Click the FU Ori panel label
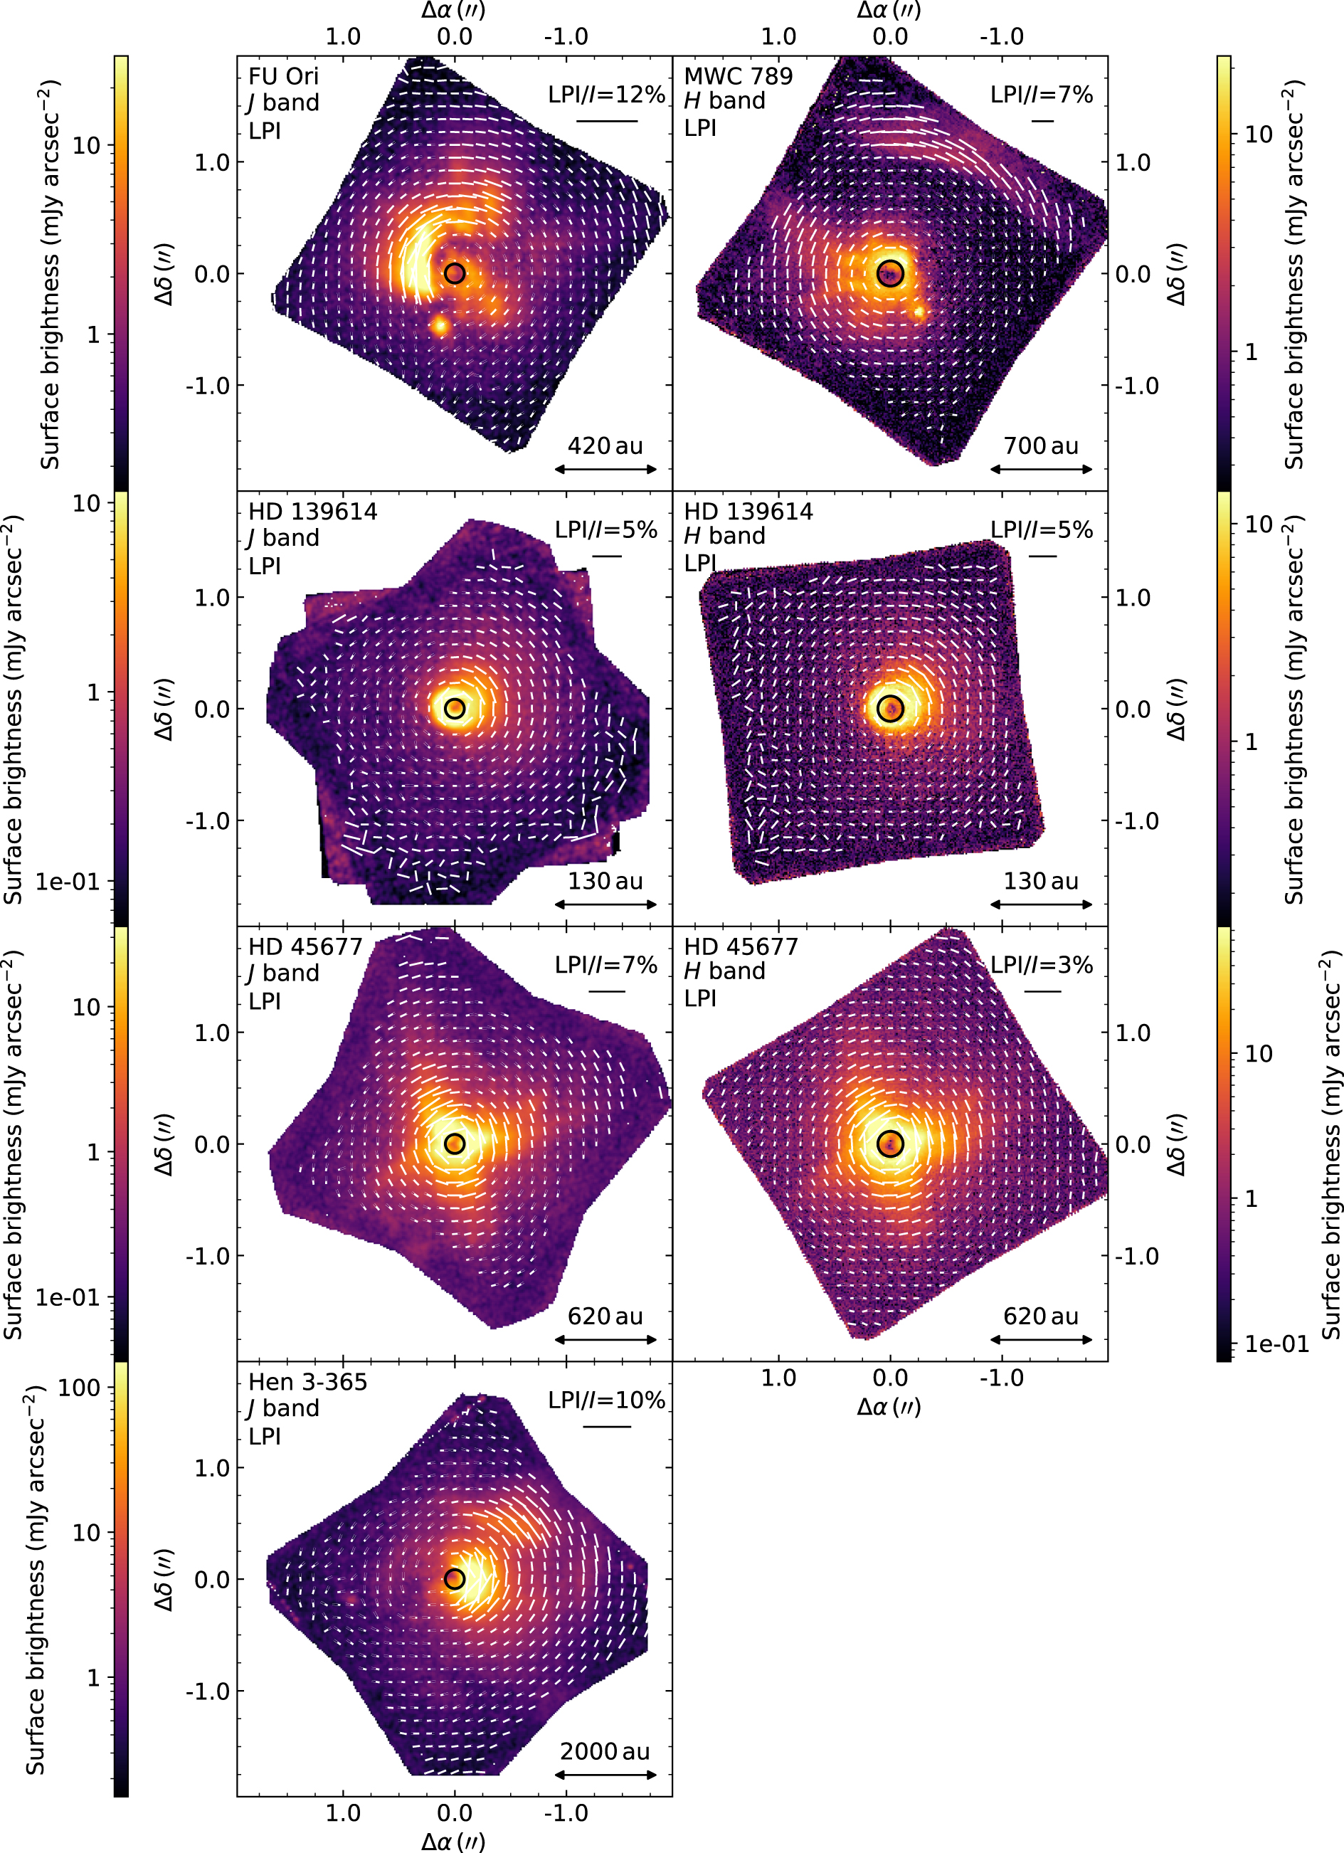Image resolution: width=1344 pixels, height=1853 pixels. [x=282, y=76]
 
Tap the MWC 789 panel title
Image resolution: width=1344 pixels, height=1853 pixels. [x=738, y=76]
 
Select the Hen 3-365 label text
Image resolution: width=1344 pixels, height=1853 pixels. [x=307, y=1382]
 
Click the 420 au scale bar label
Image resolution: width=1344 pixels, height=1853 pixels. [x=605, y=445]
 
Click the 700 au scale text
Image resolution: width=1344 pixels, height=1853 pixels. [x=1040, y=445]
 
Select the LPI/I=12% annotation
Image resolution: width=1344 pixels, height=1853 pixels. [x=606, y=95]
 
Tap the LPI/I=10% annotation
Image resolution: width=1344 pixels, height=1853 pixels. [x=606, y=1400]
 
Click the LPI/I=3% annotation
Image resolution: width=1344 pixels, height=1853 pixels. [x=1042, y=965]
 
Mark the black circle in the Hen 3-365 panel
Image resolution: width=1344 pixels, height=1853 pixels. [x=455, y=1579]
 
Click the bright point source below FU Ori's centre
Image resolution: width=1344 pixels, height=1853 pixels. [x=440, y=325]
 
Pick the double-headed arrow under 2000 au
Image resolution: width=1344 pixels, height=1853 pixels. [x=605, y=1775]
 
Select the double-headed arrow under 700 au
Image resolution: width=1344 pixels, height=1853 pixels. [x=1041, y=469]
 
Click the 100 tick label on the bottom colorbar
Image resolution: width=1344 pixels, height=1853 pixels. [x=79, y=1388]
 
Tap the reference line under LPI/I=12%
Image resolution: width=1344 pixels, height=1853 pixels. [x=606, y=121]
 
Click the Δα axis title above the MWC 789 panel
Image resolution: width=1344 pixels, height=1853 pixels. [x=889, y=11]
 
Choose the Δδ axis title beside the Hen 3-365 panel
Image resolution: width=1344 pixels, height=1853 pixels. [x=165, y=1579]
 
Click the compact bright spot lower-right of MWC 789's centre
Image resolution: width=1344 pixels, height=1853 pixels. [x=919, y=311]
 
